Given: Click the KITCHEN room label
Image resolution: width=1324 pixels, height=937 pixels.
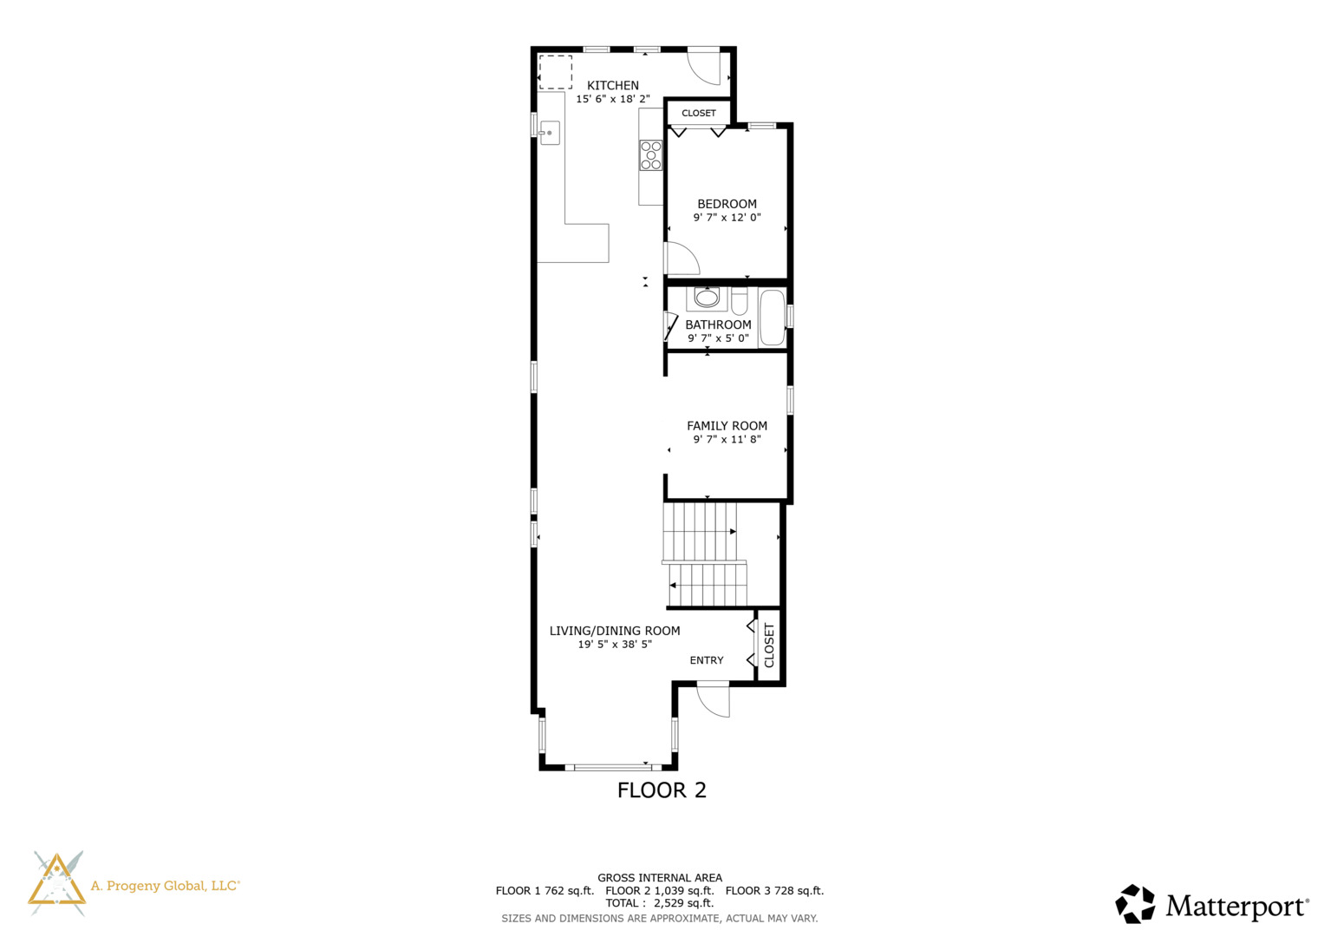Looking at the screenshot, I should tap(613, 85).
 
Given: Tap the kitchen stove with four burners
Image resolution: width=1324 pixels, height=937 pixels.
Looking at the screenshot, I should tap(651, 155).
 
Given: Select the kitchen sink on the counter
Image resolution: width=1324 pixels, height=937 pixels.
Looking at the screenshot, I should tap(550, 133).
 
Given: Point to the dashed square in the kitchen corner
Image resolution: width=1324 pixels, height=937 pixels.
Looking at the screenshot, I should tap(555, 72).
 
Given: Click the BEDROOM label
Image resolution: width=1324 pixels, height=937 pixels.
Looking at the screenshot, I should tap(727, 204).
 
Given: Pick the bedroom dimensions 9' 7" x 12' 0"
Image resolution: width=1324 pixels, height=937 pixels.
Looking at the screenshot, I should tap(727, 218).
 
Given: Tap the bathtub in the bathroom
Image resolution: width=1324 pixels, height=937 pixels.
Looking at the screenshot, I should tap(772, 318).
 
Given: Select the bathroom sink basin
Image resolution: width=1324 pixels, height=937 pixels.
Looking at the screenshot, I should tap(707, 298).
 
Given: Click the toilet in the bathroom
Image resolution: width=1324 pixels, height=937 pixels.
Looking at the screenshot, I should tap(739, 302).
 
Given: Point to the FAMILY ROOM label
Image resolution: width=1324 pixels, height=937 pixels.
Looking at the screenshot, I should tap(727, 426).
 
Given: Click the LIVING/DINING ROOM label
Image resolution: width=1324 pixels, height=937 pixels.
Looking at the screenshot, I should tap(615, 631).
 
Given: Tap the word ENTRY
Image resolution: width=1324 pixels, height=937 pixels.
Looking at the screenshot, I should tap(707, 660).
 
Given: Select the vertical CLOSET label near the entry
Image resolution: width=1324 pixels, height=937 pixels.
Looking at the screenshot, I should tap(769, 645).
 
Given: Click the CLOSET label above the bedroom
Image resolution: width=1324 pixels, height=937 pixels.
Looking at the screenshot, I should tap(699, 113).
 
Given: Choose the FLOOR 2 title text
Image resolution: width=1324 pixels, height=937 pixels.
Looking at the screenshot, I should tap(662, 790).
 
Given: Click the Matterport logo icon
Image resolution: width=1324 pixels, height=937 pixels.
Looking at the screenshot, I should tap(1135, 904).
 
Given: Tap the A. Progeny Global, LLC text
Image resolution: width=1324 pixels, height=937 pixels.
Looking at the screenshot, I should tap(165, 886).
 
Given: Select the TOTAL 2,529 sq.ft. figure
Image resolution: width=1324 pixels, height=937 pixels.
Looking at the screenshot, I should tap(660, 903).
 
